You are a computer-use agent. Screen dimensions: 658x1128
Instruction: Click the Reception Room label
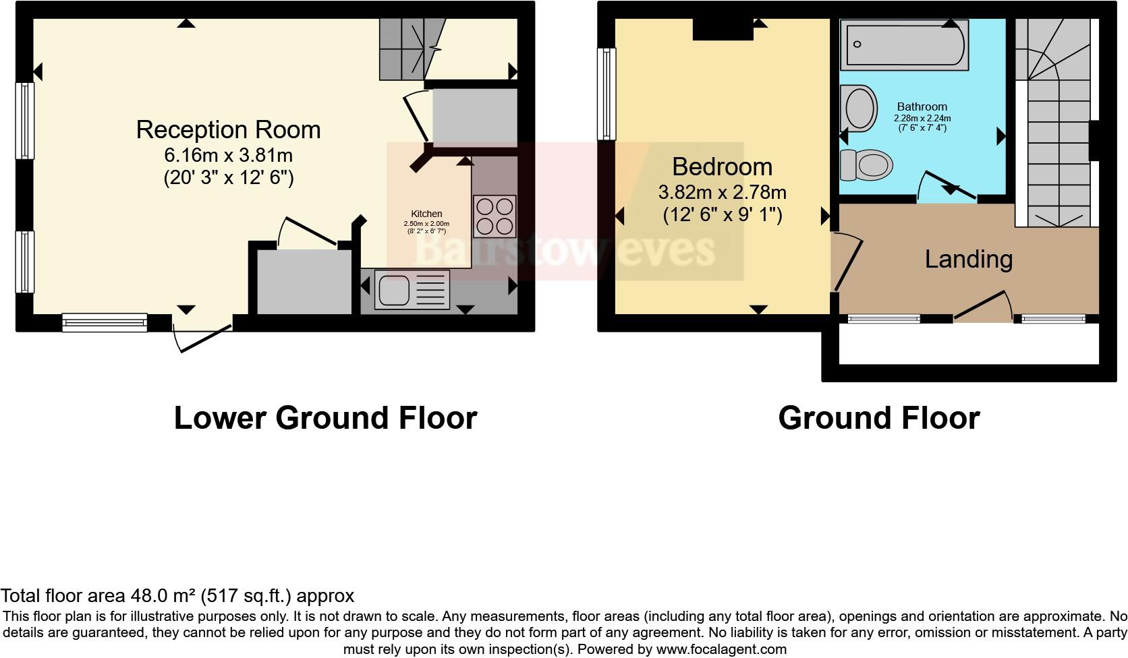(x=228, y=129)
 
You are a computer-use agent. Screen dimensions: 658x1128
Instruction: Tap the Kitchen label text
(x=426, y=214)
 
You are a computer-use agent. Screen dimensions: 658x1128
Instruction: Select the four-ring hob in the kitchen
(x=494, y=216)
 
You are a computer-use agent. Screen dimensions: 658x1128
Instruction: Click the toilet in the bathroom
(x=866, y=164)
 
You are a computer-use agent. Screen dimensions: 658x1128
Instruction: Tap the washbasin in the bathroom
(x=859, y=108)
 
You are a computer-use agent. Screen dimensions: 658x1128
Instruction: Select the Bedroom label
(x=722, y=167)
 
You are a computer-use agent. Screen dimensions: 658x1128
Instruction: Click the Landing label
(x=968, y=259)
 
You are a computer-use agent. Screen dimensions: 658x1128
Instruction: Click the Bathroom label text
(x=922, y=107)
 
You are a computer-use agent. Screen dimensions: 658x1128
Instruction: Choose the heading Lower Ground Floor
(x=325, y=418)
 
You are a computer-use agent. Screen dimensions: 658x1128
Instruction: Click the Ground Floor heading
(x=878, y=418)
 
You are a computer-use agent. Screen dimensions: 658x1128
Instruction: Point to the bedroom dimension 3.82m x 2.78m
(x=722, y=193)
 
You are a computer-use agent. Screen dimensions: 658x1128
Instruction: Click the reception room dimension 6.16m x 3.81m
(x=228, y=156)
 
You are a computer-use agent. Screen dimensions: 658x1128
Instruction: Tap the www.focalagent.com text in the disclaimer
(x=721, y=650)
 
